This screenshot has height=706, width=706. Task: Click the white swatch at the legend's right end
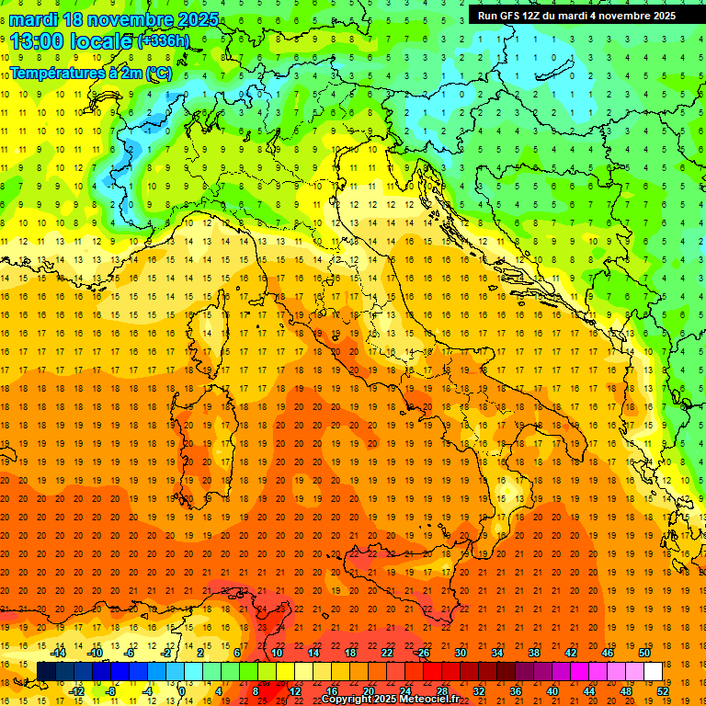(x=653, y=671)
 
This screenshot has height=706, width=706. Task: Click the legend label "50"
(x=644, y=653)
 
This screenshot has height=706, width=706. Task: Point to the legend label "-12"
(x=76, y=690)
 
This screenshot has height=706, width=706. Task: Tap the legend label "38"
(x=533, y=653)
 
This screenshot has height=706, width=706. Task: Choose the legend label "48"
(x=626, y=690)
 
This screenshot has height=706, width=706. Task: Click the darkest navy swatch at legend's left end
(x=46, y=671)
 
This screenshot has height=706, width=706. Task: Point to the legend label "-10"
(x=96, y=653)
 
